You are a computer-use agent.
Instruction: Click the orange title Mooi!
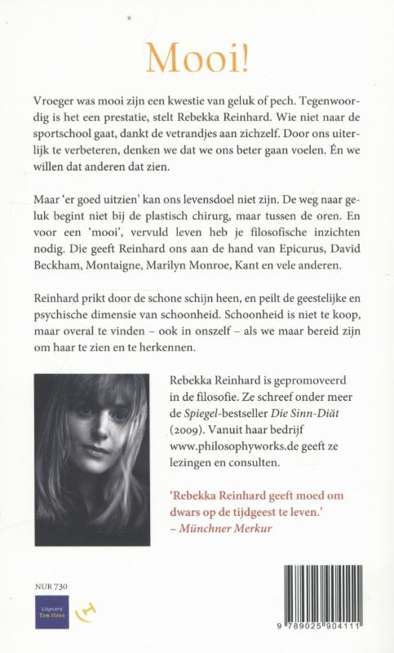tap(197, 55)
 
